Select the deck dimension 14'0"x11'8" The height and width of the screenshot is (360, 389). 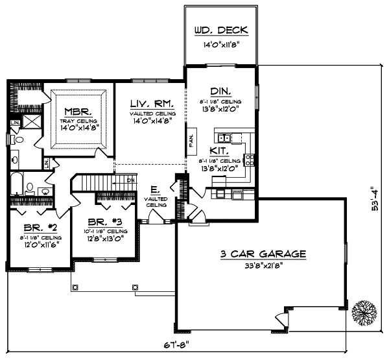(x=222, y=45)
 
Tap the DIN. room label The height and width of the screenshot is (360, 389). (x=220, y=91)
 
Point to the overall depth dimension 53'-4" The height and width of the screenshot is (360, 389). (x=372, y=202)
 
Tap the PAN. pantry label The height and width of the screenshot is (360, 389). (x=192, y=141)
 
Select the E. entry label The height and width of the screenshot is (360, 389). (x=154, y=190)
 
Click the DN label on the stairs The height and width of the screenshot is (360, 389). (x=130, y=180)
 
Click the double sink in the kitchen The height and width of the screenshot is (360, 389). (x=224, y=138)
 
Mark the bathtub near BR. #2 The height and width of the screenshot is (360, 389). (x=18, y=184)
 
